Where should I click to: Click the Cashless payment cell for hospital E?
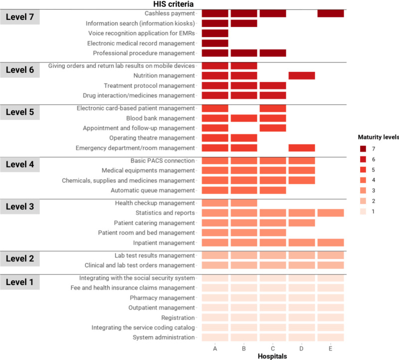(331, 13)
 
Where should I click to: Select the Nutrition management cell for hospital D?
(302, 76)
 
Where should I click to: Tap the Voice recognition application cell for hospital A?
(215, 33)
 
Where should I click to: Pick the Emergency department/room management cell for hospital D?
(302, 148)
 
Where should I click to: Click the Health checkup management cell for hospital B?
(244, 203)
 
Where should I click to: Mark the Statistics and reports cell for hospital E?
(331, 213)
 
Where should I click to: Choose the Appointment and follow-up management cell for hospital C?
(273, 128)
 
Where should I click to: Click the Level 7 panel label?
(20, 17)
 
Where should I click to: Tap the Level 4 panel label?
(20, 165)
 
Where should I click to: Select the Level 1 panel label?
(20, 282)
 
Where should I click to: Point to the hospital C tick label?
(273, 349)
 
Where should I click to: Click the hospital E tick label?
(330, 349)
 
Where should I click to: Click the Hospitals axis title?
(272, 356)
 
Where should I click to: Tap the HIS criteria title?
(173, 4)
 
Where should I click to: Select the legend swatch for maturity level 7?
(363, 149)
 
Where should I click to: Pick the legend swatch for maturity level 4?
(363, 180)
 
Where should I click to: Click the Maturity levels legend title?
(379, 137)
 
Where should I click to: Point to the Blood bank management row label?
(160, 118)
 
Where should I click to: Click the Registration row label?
(178, 318)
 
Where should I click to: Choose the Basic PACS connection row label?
(163, 160)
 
